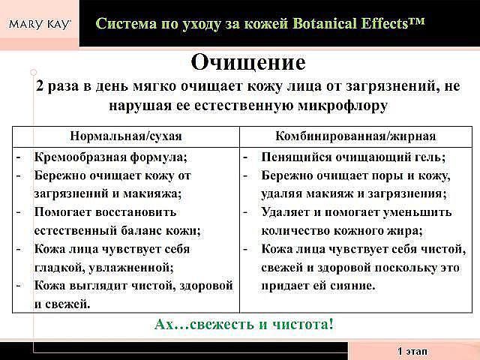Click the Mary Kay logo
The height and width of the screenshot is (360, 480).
40,24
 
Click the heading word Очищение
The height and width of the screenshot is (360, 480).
248,62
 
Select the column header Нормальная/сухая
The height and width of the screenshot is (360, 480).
126,136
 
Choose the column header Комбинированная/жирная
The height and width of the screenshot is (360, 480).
355,136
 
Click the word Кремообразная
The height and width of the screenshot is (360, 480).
80,157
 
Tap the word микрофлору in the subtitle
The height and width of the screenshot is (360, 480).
343,106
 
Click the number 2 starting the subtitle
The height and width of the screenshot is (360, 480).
40,86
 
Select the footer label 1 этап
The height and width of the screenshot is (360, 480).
412,351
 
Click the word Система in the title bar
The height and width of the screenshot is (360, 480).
126,23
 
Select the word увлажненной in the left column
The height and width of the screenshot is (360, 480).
131,268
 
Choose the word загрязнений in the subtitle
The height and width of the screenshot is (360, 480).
393,86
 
